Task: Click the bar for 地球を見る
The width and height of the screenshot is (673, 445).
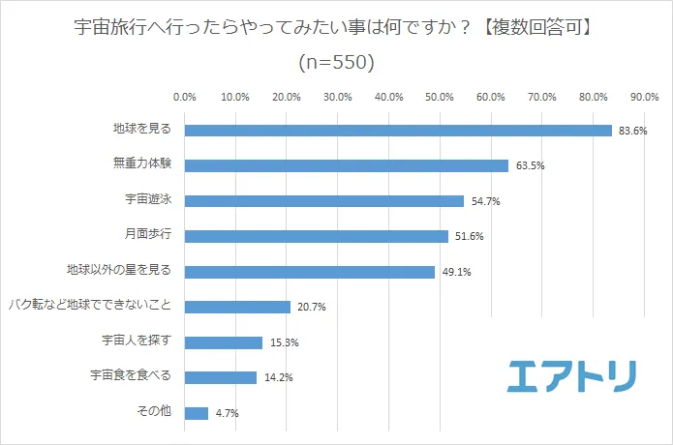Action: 397,131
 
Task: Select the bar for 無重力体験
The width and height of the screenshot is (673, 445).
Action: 346,165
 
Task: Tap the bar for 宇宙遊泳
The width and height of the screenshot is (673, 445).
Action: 323,201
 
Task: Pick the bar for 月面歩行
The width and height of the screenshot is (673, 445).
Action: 316,236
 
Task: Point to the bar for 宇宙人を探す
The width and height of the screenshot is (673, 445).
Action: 223,342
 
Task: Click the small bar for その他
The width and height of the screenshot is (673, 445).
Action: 196,413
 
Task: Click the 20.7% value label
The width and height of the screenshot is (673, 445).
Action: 312,308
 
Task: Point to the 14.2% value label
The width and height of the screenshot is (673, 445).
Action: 278,378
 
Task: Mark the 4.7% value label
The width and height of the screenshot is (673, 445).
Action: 227,414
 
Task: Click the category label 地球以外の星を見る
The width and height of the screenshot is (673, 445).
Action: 118,271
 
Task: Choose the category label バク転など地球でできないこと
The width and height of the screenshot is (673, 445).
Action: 89,306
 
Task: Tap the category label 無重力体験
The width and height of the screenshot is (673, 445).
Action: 143,164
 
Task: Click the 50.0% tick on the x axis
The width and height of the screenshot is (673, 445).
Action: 440,97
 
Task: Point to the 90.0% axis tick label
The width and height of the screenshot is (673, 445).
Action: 644,97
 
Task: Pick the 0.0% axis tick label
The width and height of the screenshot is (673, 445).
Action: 184,97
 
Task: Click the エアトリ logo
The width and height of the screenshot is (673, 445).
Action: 571,375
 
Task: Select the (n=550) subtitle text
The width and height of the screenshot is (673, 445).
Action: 335,63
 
